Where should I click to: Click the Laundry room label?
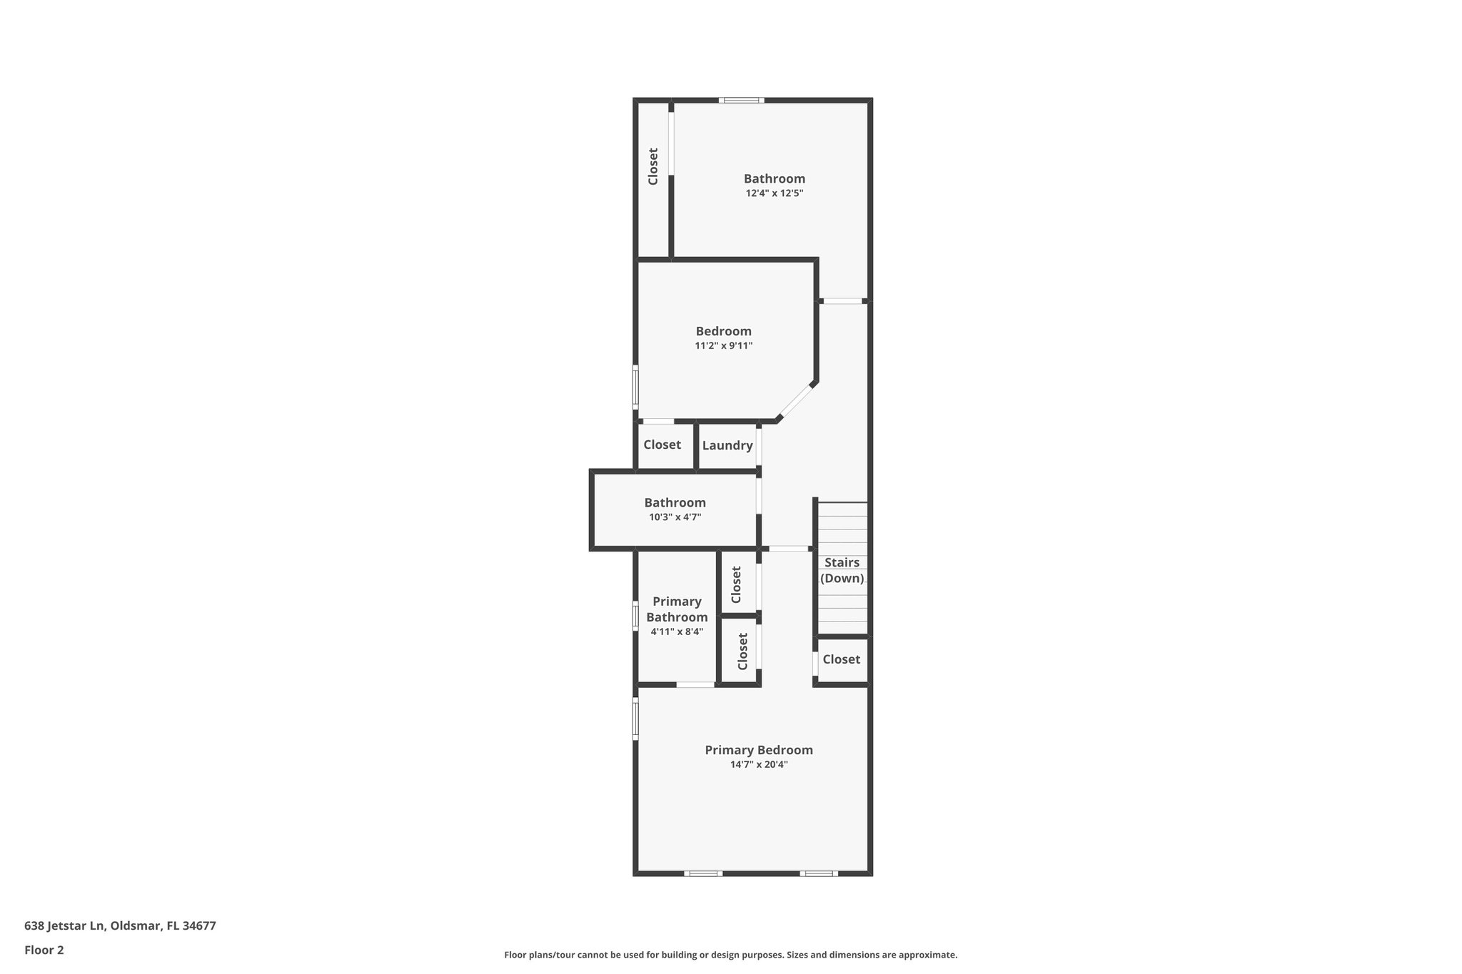tap(727, 445)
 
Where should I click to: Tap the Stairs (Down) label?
tap(842, 570)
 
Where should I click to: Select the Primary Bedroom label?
tap(759, 750)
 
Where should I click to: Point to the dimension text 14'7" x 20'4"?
tap(759, 765)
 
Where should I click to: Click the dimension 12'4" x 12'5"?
tap(775, 193)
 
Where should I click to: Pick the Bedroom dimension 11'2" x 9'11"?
tap(723, 346)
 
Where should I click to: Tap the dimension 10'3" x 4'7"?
tap(675, 517)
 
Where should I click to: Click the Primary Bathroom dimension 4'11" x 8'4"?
tap(677, 632)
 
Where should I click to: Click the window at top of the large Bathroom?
tap(742, 101)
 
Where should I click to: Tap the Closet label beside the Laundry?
tap(662, 445)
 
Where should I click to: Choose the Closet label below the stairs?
tap(841, 659)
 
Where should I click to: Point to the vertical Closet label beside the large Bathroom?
tap(652, 166)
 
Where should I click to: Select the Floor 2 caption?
tap(44, 950)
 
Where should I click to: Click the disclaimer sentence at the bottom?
tap(730, 955)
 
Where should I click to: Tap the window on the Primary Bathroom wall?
tap(635, 616)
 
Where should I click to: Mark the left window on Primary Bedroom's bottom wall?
tap(703, 873)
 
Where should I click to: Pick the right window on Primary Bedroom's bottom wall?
tap(819, 873)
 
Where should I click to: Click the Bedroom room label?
tap(723, 331)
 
